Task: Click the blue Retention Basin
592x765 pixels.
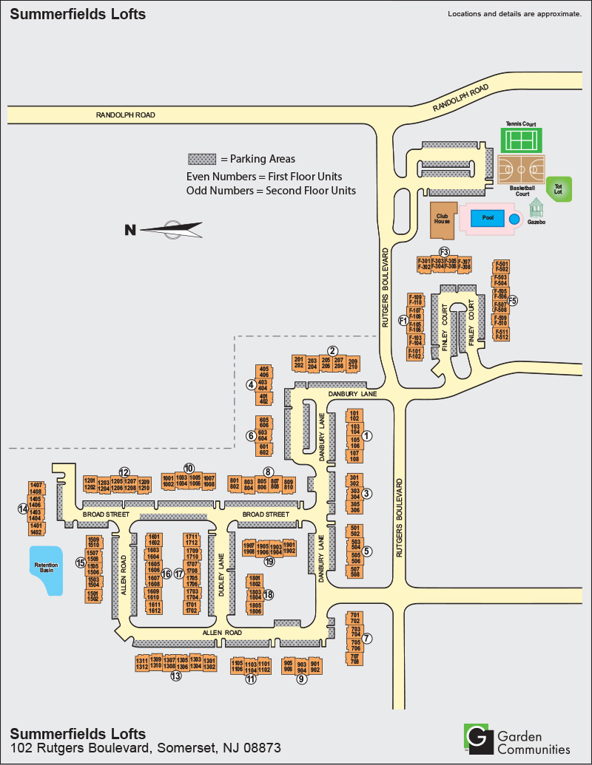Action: (46, 570)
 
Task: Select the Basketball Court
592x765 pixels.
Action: (522, 170)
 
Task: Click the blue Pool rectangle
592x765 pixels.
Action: (488, 218)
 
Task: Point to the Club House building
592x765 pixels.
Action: (443, 220)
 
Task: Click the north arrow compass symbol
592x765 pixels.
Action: (172, 229)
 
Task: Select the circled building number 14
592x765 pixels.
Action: (23, 509)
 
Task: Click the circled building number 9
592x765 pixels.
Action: (301, 681)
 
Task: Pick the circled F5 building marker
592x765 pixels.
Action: (512, 301)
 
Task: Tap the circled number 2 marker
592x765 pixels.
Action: (333, 350)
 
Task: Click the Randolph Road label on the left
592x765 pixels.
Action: (125, 115)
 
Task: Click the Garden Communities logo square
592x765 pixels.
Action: (477, 738)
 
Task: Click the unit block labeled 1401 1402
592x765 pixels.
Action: (36, 528)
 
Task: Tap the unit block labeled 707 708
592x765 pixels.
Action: (354, 659)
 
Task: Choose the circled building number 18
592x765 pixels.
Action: (269, 594)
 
